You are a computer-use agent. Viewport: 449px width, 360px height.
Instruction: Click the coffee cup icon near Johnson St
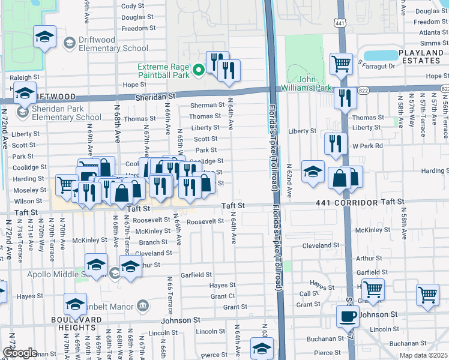348,316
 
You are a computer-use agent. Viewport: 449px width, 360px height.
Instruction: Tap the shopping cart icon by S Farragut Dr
341,62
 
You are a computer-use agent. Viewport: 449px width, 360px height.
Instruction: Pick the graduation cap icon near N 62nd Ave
312,172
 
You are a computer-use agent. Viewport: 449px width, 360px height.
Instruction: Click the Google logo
20,353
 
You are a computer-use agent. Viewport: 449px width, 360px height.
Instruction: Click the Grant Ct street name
223,296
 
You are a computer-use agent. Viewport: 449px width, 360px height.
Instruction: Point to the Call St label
309,293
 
